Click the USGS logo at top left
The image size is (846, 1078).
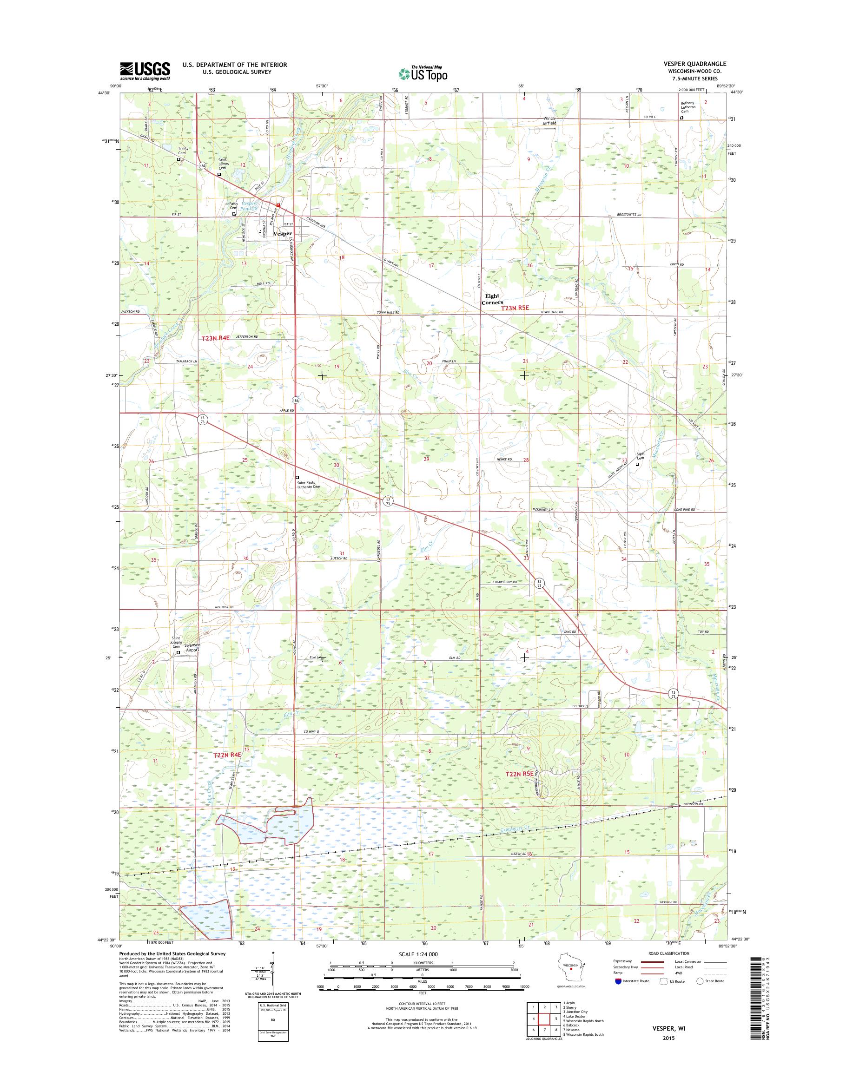(145, 71)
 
